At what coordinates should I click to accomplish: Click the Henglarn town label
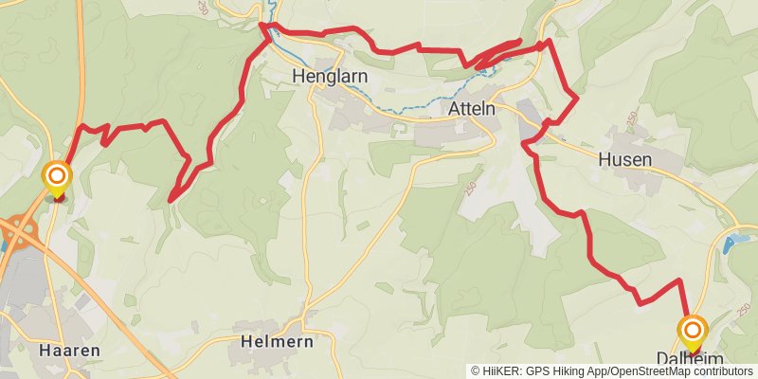(329, 76)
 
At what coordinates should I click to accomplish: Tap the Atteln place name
(472, 110)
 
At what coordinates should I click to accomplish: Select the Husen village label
(625, 160)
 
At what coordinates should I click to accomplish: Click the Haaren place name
(69, 350)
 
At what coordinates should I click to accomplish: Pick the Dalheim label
(690, 358)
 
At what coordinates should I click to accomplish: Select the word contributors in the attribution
(720, 371)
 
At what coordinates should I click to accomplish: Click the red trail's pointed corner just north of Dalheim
(679, 280)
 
